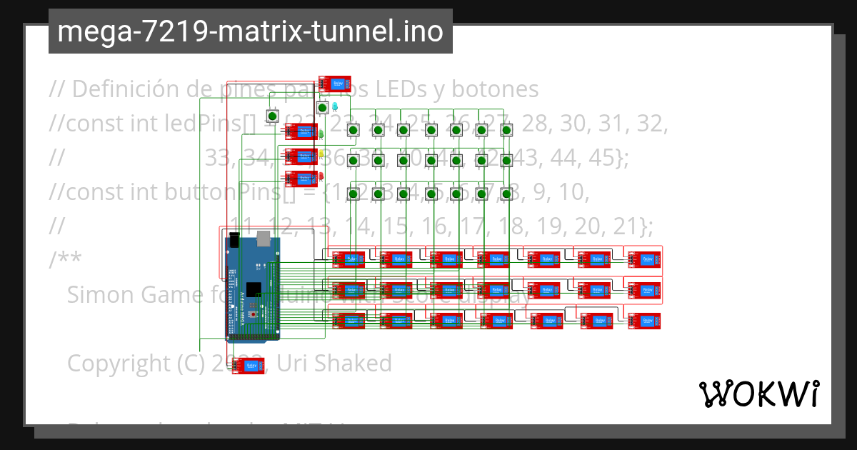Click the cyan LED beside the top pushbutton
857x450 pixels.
(334, 106)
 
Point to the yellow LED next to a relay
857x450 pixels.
(321, 154)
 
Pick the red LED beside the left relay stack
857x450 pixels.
(321, 176)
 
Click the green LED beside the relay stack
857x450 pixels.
(321, 133)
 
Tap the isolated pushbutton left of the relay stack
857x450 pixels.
(272, 116)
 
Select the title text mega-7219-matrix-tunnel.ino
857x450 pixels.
(250, 31)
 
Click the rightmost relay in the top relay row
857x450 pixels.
(644, 259)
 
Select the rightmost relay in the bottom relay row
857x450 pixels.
(644, 321)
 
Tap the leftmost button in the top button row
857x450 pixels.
(353, 130)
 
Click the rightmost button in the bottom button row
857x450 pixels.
(506, 194)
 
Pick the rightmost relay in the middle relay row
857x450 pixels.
(644, 290)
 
